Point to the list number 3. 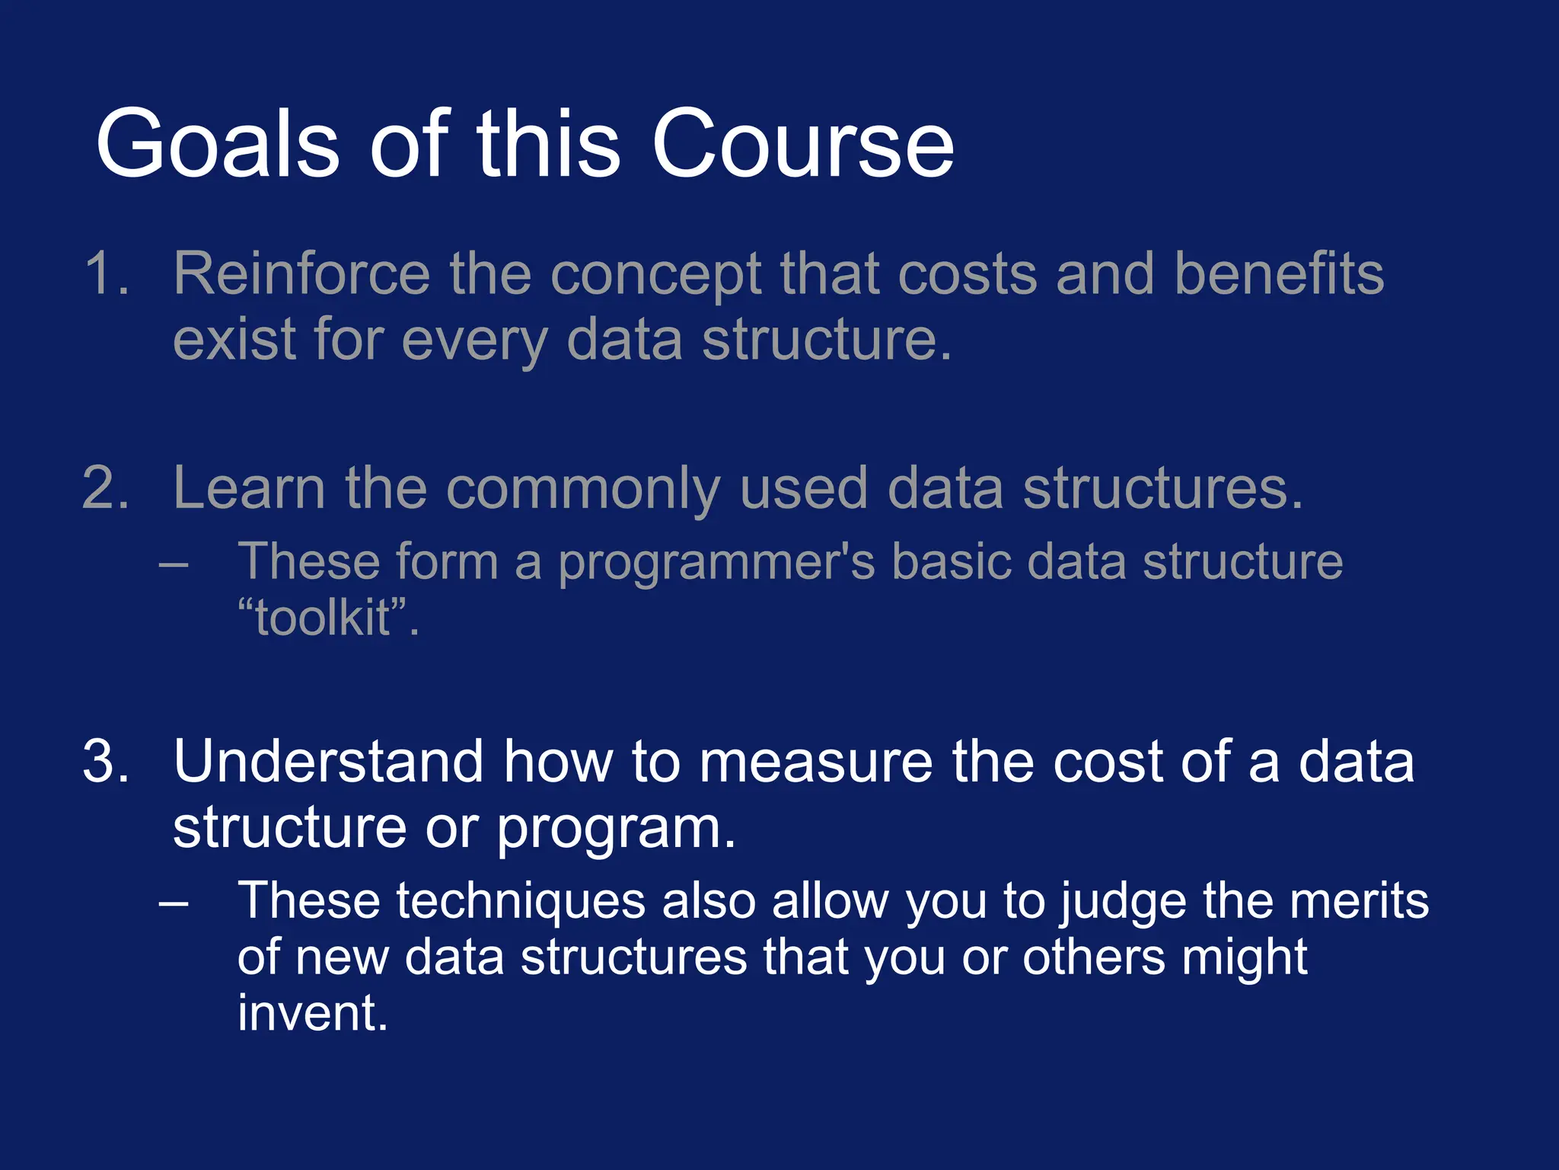(x=106, y=761)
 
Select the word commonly (x=583, y=489)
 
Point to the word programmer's (x=716, y=564)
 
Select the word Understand (x=328, y=761)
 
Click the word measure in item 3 (x=815, y=762)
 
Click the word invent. (x=313, y=1013)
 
